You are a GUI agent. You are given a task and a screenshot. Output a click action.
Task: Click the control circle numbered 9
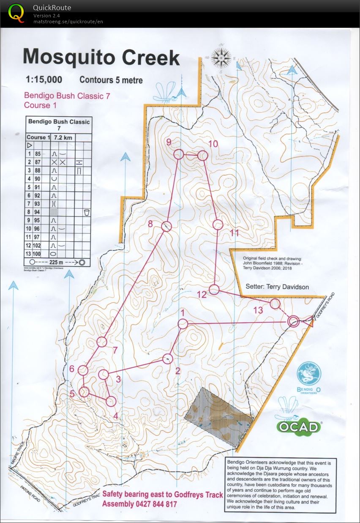click(x=179, y=155)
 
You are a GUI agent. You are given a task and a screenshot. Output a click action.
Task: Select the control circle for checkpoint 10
click(x=203, y=156)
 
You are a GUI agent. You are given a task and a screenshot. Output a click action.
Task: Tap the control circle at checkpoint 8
click(x=166, y=226)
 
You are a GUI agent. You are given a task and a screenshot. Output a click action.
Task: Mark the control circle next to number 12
click(x=214, y=290)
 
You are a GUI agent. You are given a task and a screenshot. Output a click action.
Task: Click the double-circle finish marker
click(x=293, y=322)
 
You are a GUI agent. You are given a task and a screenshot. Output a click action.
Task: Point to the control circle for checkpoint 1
click(x=183, y=324)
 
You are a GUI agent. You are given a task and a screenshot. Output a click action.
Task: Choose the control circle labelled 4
click(x=111, y=401)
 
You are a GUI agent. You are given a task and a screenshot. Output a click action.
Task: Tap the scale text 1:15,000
click(x=44, y=79)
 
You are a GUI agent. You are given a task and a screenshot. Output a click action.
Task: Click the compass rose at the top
click(x=221, y=57)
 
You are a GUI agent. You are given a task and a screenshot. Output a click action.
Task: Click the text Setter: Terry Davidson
click(x=277, y=287)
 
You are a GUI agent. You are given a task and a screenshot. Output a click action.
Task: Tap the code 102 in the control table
click(x=38, y=246)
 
